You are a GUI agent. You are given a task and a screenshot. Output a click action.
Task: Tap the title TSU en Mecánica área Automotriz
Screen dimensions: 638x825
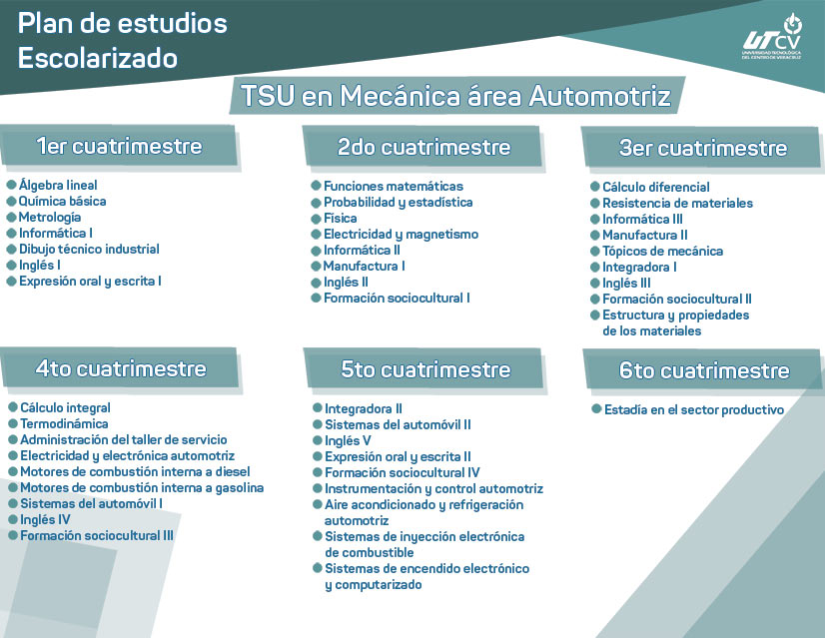pyautogui.click(x=455, y=97)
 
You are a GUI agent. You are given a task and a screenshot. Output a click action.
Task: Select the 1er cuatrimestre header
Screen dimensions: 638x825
pyautogui.click(x=119, y=146)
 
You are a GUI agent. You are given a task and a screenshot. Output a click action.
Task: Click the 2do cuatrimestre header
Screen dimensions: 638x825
pyautogui.click(x=423, y=147)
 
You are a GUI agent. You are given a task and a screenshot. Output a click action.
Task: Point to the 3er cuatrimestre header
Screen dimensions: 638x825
pyautogui.click(x=703, y=148)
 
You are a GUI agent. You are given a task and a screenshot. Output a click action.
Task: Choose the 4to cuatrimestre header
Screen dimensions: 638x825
pyautogui.click(x=121, y=368)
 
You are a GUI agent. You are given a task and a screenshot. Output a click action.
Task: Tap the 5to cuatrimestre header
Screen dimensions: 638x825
pyautogui.click(x=425, y=369)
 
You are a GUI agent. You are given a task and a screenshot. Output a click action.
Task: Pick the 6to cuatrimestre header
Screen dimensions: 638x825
pyautogui.click(x=704, y=370)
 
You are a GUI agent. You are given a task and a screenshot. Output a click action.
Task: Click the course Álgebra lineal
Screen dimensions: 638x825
pyautogui.click(x=58, y=185)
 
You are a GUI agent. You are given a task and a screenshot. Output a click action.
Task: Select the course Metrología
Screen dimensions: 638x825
pyautogui.click(x=50, y=217)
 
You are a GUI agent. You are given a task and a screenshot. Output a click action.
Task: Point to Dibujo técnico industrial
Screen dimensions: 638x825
pyautogui.click(x=89, y=249)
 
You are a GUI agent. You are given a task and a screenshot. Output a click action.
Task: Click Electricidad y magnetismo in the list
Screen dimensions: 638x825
pyautogui.click(x=401, y=234)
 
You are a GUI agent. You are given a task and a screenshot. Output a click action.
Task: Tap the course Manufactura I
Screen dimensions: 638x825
pyautogui.click(x=364, y=266)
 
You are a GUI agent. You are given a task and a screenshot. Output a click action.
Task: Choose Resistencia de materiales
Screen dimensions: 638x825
pyautogui.click(x=677, y=203)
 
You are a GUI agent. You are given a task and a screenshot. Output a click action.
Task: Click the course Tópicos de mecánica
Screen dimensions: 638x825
pyautogui.click(x=662, y=251)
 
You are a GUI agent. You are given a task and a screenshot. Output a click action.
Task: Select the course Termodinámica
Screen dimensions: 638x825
pyautogui.click(x=65, y=423)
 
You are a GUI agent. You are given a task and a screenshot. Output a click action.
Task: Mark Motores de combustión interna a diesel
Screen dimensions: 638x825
pyautogui.click(x=135, y=471)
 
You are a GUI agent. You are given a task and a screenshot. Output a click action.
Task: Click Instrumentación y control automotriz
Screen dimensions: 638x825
pyautogui.click(x=433, y=488)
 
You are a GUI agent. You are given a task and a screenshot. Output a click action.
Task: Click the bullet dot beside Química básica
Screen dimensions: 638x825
pyautogui.click(x=12, y=201)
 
